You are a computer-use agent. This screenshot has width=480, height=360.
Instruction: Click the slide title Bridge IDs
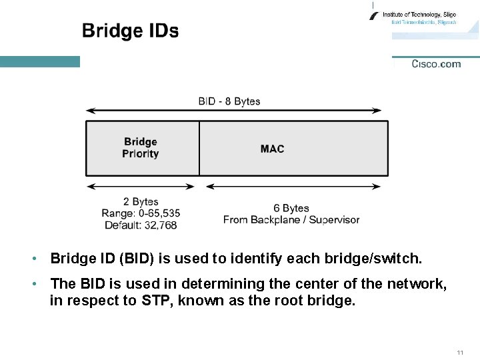(130, 31)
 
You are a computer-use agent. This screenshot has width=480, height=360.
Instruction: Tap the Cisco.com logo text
(436, 64)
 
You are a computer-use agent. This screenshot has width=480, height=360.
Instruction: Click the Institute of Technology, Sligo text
(419, 14)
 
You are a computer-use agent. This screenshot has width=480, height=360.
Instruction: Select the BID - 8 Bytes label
(229, 101)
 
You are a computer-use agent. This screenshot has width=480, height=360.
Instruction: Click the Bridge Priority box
(142, 148)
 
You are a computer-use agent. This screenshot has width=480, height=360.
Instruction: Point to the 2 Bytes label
(141, 201)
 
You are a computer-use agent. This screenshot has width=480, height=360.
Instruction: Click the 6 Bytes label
(291, 208)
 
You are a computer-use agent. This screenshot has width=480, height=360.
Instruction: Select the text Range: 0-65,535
(141, 213)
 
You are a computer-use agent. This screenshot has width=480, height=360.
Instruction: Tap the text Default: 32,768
(141, 225)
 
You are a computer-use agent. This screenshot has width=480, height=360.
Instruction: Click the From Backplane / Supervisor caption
(291, 220)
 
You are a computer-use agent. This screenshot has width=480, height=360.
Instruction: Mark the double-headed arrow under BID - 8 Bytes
(234, 111)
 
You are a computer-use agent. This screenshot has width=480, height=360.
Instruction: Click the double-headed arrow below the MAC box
(293, 186)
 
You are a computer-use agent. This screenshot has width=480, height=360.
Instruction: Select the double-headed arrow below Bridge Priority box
(142, 186)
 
